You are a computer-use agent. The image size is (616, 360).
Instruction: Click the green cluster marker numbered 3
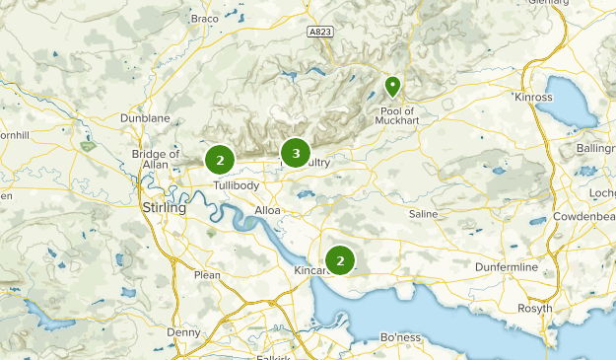[295, 153]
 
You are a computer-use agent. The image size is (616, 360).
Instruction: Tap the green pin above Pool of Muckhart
[392, 87]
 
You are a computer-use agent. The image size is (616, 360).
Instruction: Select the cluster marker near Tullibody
[220, 159]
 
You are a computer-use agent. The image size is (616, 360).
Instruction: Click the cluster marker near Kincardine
[340, 260]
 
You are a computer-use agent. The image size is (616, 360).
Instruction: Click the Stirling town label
[164, 209]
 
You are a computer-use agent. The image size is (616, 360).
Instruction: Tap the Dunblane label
[151, 117]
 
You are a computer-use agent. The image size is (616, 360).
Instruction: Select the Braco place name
[204, 18]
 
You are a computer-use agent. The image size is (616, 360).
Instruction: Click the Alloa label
[267, 210]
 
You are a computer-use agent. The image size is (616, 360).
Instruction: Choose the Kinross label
[536, 99]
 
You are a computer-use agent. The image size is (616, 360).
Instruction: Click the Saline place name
[425, 213]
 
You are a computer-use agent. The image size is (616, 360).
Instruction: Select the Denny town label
[183, 332]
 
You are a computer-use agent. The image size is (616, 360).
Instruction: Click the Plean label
[207, 275]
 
